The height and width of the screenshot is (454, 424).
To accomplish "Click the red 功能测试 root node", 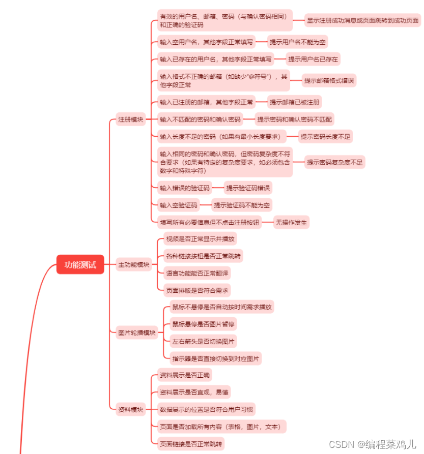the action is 80,264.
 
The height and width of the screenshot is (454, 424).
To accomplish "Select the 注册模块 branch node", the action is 131,120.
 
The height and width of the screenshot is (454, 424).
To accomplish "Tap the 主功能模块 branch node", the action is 134,264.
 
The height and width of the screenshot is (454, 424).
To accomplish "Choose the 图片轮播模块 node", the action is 136,332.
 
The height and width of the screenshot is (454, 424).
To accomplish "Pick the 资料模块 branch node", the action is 131,409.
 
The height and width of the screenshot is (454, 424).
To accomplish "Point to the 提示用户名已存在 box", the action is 313,59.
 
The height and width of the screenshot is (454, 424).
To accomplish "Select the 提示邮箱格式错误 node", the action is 329,81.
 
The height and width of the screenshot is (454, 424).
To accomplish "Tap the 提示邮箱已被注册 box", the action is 295,102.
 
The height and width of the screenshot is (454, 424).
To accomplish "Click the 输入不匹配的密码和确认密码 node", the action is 200,120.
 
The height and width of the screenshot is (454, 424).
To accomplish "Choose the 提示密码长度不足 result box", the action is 326,137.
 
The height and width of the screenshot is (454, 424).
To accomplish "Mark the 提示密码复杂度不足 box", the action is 335,162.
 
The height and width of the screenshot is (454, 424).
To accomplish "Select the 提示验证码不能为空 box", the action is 242,205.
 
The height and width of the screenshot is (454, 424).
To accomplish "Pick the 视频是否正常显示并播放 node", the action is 201,239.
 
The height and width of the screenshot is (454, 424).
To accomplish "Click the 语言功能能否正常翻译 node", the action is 197,273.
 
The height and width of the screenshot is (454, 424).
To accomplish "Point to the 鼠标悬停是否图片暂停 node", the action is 204,324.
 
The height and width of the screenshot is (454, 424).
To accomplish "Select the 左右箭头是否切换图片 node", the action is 204,341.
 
